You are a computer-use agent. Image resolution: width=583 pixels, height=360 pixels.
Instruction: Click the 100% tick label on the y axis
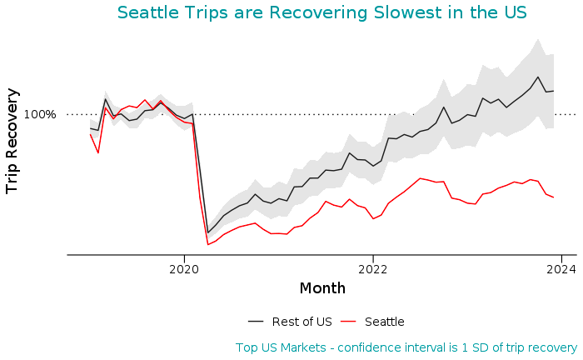tap(39, 114)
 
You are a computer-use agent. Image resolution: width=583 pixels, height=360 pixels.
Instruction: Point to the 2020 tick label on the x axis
tap(183, 269)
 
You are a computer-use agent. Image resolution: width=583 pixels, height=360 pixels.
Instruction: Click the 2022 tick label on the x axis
tap(373, 269)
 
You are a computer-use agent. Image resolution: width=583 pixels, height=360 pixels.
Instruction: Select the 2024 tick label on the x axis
tap(562, 269)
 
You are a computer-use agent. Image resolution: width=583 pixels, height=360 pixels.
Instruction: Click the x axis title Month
tap(322, 288)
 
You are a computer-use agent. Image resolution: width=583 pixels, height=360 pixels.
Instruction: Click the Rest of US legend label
tap(302, 322)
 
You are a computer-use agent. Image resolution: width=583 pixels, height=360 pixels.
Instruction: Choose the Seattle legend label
tap(384, 322)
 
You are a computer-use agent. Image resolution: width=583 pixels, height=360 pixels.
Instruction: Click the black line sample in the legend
tap(256, 322)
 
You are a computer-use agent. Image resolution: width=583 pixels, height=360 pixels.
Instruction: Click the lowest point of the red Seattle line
tap(207, 244)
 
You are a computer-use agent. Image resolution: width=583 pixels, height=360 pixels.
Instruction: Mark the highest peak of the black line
tap(538, 77)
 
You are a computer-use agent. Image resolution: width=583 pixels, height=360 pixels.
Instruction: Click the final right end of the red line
tap(554, 197)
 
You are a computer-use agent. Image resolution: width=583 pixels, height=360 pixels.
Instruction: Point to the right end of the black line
tap(554, 91)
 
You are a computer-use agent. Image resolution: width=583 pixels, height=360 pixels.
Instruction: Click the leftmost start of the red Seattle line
tap(90, 134)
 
